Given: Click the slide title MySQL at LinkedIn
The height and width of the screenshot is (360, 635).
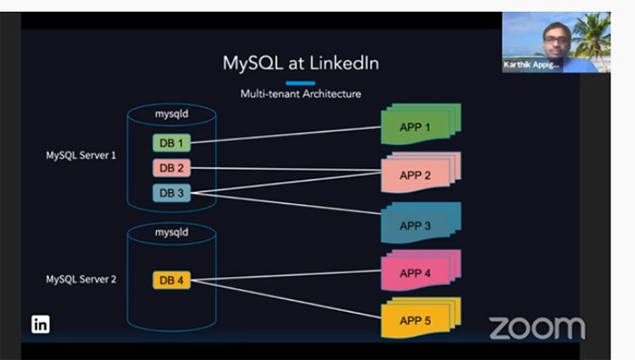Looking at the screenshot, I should tap(300, 63).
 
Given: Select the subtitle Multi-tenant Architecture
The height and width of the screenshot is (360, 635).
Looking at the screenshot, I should tap(300, 93).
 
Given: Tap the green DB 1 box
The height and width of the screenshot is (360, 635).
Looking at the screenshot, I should tap(172, 143).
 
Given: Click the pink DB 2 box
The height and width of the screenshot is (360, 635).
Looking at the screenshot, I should tap(172, 168).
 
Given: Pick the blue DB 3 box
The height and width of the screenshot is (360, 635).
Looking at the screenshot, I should tap(172, 192).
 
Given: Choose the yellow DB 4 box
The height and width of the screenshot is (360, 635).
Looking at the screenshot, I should tap(172, 280).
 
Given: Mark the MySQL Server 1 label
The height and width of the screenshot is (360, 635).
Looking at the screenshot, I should tap(81, 155).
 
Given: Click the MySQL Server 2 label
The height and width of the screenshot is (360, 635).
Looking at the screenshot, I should tap(81, 279).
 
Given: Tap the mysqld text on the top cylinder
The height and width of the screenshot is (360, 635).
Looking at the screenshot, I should tap(171, 116).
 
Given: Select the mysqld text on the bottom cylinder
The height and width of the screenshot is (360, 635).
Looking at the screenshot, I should tap(171, 232).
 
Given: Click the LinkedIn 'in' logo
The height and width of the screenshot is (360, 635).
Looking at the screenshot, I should tap(41, 324).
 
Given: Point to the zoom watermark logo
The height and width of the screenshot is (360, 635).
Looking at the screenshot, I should tap(537, 326).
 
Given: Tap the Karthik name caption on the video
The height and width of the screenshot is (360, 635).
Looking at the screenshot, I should tap(532, 65).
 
